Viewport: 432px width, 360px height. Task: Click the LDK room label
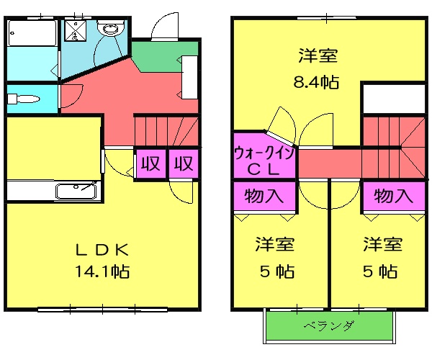pyautogui.click(x=103, y=251)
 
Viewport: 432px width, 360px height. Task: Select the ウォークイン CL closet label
pyautogui.click(x=264, y=162)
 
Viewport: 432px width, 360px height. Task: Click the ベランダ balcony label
pyautogui.click(x=329, y=327)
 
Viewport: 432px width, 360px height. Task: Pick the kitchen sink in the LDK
pyautogui.click(x=76, y=192)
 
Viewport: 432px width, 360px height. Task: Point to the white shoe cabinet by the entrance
pyautogui.click(x=191, y=78)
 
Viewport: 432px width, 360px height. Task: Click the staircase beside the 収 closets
pyautogui.click(x=166, y=131)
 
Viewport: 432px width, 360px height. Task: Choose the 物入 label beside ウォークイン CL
pyautogui.click(x=264, y=195)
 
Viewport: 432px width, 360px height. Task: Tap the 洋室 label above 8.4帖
pyautogui.click(x=318, y=55)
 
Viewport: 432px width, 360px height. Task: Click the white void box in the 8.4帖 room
pyautogui.click(x=393, y=99)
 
